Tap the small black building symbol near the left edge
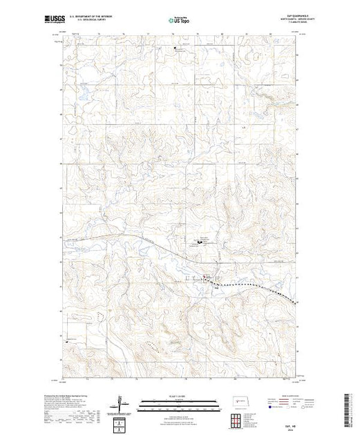point(68,341)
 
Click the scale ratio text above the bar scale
point(179,396)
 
